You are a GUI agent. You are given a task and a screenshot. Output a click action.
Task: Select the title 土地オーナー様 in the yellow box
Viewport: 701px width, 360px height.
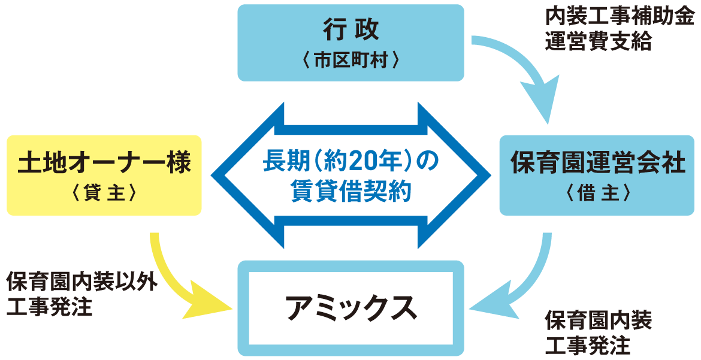click(x=104, y=163)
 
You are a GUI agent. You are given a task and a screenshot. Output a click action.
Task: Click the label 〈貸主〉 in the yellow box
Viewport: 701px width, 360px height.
click(x=104, y=193)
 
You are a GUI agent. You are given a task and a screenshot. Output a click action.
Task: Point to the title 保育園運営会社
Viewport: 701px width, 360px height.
click(x=597, y=163)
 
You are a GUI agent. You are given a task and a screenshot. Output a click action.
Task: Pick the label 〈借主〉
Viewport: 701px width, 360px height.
click(x=597, y=193)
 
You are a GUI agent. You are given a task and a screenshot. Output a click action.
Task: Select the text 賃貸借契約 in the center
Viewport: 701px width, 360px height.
click(x=350, y=193)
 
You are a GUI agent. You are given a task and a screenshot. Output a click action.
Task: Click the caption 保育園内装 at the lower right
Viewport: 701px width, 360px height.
click(x=597, y=320)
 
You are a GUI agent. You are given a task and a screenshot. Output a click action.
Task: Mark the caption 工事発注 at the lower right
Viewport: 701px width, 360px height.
click(x=587, y=346)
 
